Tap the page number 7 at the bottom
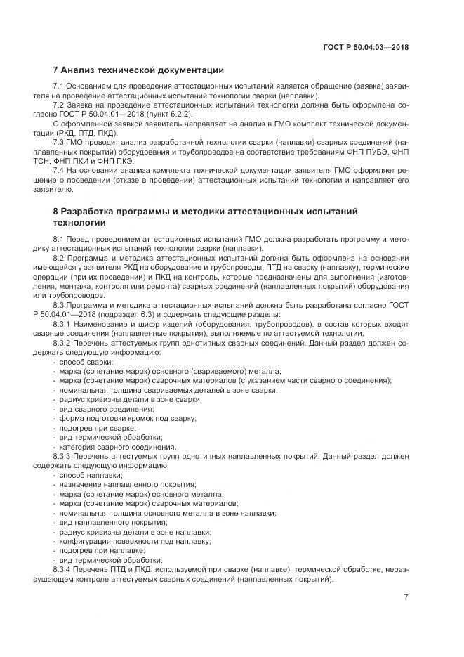coord(405,597)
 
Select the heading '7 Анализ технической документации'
coord(138,70)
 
